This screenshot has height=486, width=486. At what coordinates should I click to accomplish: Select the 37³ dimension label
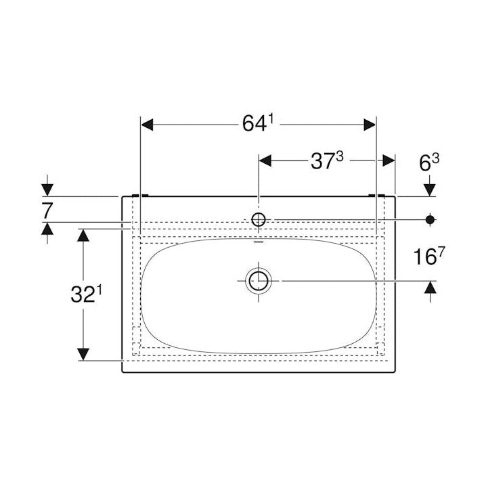tap(327, 161)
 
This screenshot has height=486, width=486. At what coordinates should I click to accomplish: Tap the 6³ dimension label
tap(429, 163)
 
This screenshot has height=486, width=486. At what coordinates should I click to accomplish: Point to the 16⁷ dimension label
tap(429, 257)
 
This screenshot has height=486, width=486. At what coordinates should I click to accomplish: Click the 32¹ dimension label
tap(86, 294)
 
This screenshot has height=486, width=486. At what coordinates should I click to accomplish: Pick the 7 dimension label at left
tap(47, 211)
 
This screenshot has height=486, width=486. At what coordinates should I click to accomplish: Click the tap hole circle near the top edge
tap(259, 220)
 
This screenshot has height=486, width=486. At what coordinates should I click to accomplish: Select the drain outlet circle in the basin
tap(259, 280)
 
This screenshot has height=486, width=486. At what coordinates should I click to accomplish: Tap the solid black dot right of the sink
tap(430, 220)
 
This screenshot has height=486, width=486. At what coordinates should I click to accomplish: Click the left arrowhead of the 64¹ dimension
tap(148, 125)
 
